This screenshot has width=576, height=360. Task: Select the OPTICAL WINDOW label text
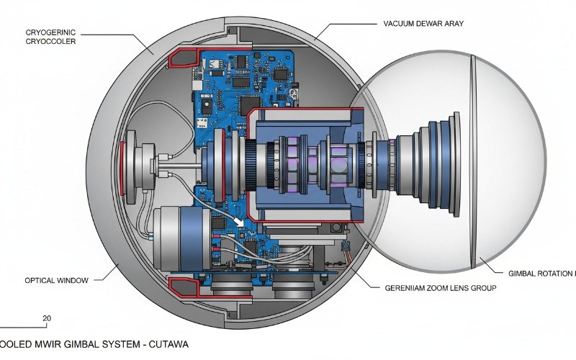tap(57, 280)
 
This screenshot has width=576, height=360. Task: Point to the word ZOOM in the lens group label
tap(448, 287)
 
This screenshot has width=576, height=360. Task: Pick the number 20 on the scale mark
tap(47, 318)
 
